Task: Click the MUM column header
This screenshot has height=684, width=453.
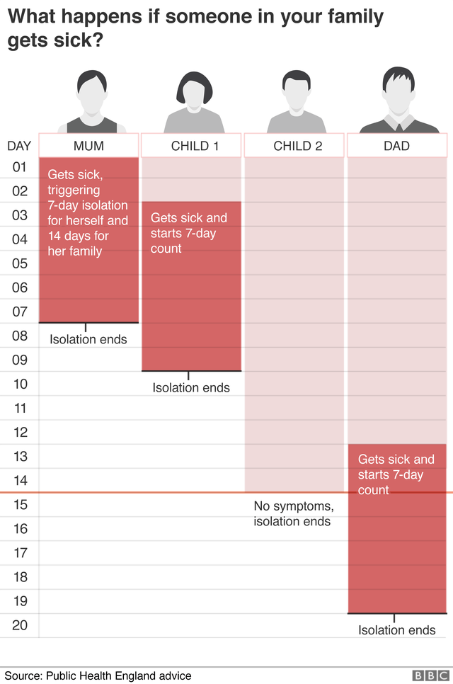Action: (88, 146)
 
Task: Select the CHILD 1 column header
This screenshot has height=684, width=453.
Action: (191, 146)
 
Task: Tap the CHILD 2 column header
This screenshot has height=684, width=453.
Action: (294, 146)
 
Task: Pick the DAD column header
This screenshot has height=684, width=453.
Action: (397, 146)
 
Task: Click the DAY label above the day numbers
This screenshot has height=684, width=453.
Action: (19, 146)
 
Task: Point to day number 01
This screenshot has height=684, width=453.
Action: (20, 167)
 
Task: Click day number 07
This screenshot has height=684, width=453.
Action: (20, 312)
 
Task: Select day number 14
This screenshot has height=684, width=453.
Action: (20, 481)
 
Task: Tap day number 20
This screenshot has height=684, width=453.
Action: (20, 625)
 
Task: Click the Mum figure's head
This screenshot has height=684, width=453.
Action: (92, 92)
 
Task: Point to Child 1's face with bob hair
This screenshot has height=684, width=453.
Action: (195, 93)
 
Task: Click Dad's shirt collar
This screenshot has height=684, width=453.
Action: (399, 122)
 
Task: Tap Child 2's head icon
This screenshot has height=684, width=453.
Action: (297, 90)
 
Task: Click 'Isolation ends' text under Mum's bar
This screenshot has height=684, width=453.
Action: (88, 339)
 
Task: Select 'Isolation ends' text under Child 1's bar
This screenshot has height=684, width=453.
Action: (191, 388)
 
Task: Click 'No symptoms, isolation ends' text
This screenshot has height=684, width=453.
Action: (294, 513)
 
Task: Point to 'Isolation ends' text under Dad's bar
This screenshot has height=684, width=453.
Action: (397, 630)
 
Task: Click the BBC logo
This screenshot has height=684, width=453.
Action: (430, 676)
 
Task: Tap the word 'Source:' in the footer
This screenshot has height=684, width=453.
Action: (23, 676)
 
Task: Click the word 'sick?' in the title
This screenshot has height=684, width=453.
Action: (79, 40)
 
